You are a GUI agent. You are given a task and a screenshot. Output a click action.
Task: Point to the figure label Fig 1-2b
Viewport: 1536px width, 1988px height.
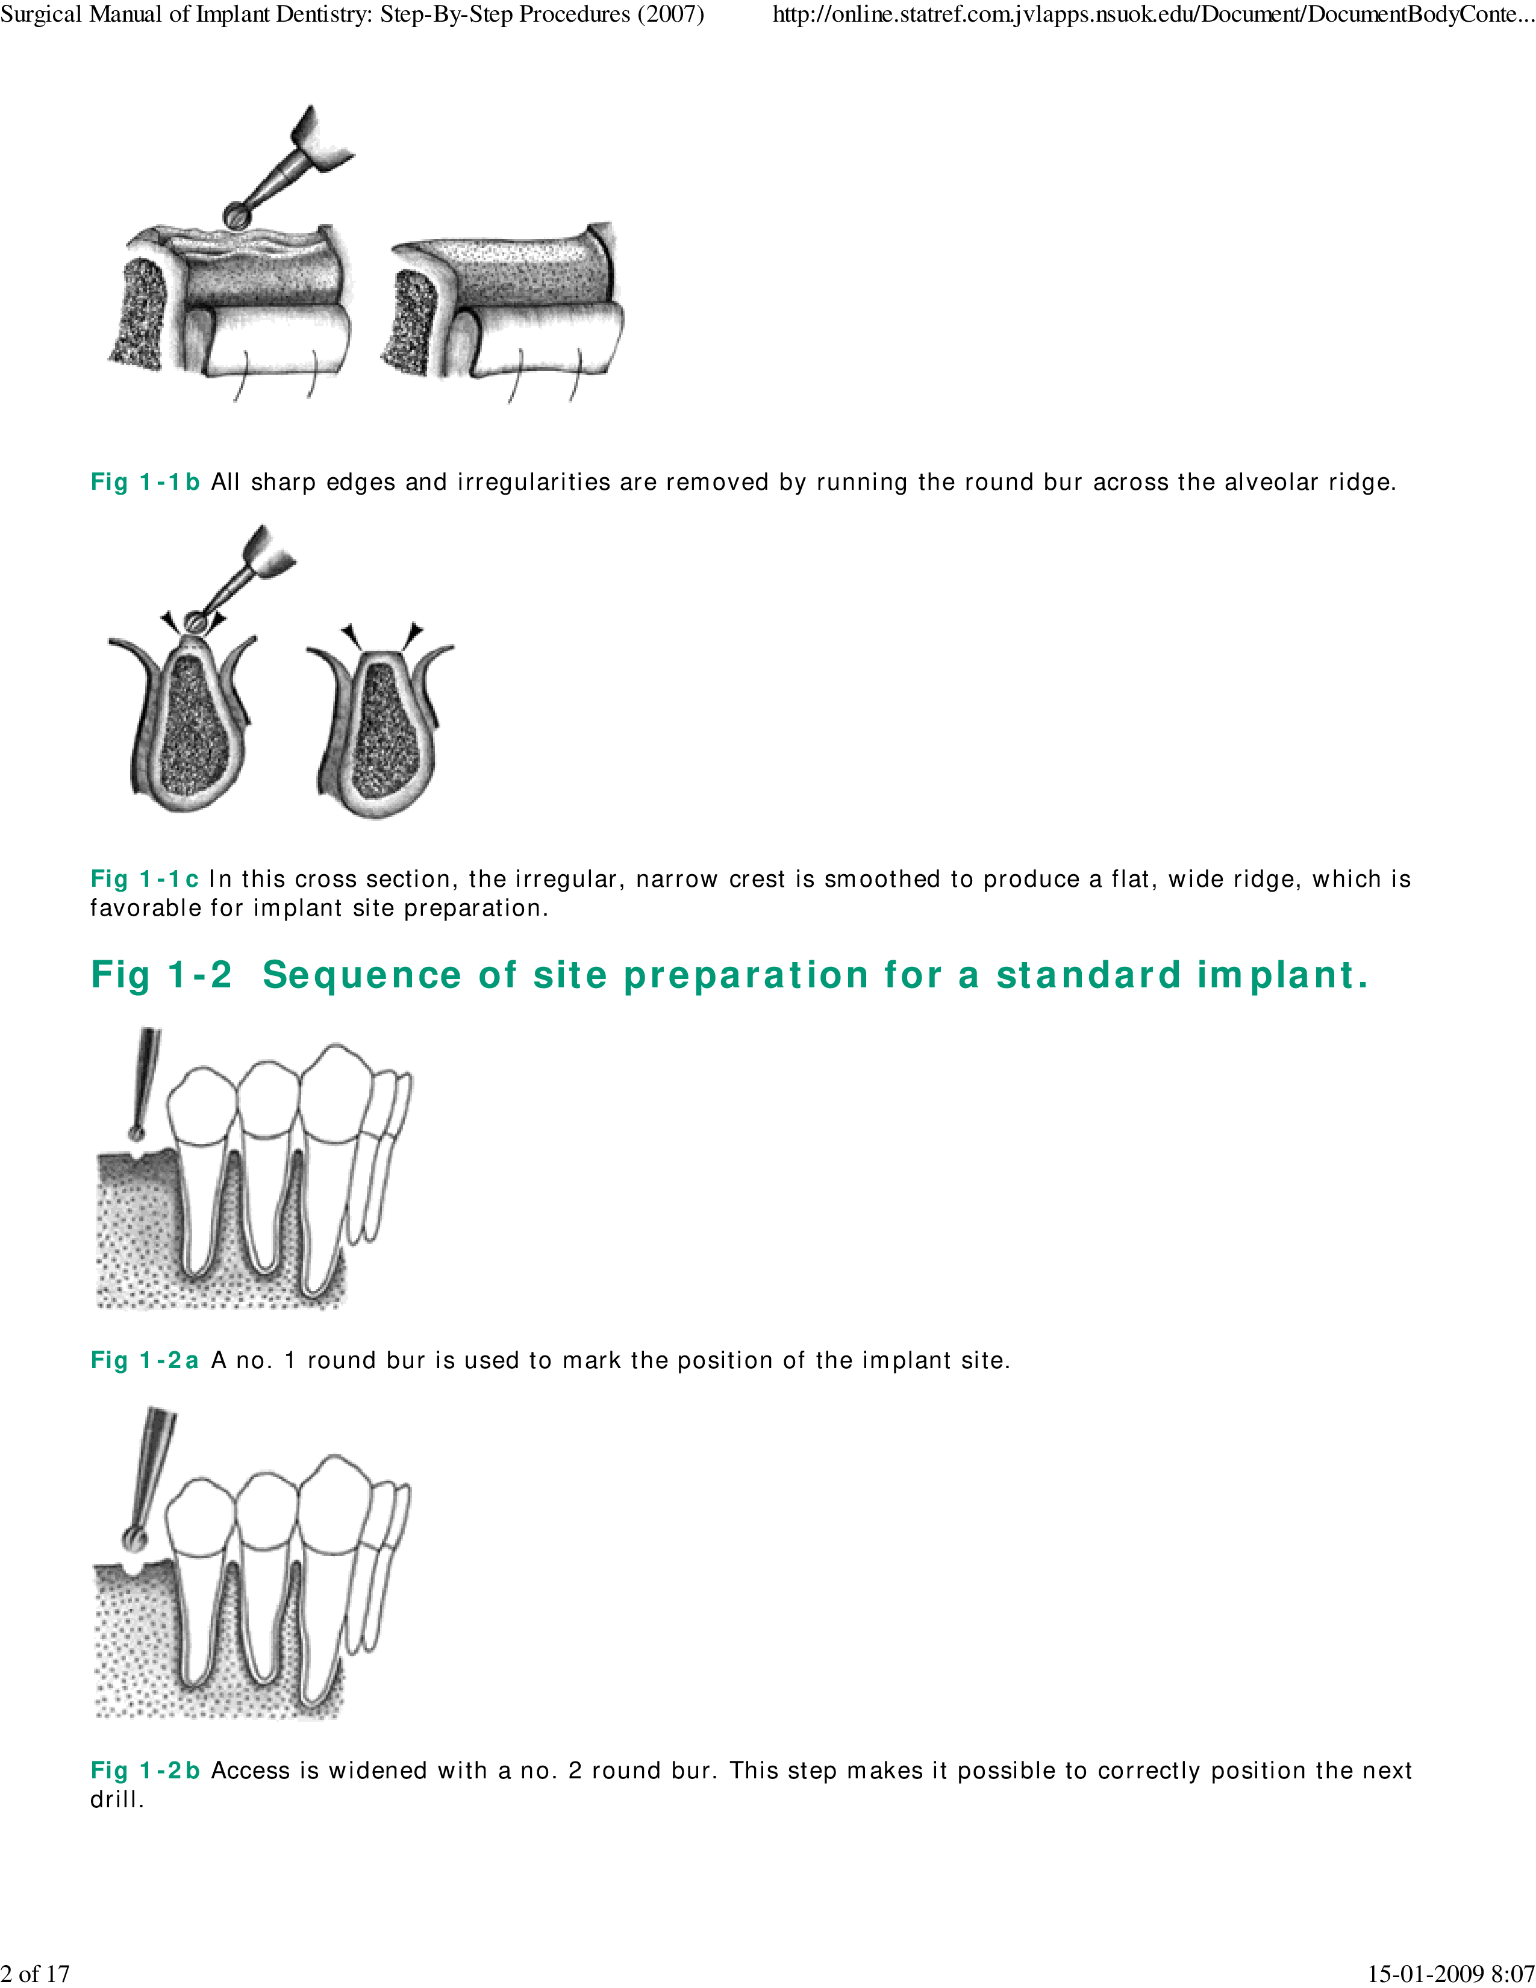[x=145, y=1771]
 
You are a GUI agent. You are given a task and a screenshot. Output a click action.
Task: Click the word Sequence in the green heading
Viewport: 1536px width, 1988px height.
[x=362, y=975]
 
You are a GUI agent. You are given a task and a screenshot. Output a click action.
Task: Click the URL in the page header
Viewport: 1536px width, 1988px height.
[x=1154, y=14]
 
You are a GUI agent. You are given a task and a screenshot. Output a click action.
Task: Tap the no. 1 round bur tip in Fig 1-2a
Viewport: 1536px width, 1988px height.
[x=137, y=1133]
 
